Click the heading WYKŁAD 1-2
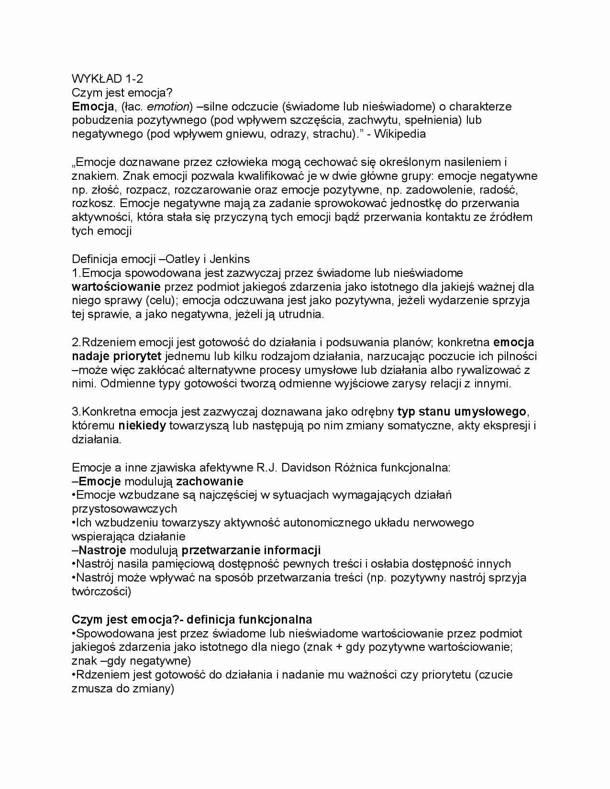coord(107,78)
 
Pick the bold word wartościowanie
coord(116,287)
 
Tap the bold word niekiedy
coord(142,426)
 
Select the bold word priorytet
coord(137,356)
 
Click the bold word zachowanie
coord(210,481)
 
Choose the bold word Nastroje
coord(102,550)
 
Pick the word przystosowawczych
coord(124,509)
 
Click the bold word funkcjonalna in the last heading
coord(273,620)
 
